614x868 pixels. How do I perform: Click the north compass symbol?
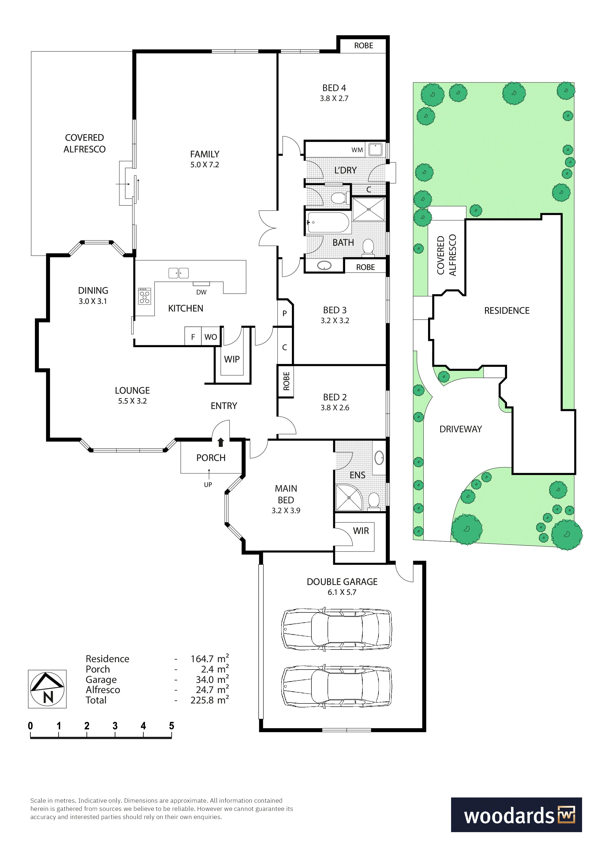47,689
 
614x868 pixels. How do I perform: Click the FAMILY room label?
205,154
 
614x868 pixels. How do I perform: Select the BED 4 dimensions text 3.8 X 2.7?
334,98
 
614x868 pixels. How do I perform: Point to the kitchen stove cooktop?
145,296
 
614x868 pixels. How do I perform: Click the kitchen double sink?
179,273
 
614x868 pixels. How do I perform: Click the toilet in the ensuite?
374,500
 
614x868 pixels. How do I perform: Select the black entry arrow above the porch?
221,442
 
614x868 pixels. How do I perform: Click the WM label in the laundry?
357,150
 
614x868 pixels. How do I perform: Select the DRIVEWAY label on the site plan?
461,429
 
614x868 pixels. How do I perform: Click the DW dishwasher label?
201,292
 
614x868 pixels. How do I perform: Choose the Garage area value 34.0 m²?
212,679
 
